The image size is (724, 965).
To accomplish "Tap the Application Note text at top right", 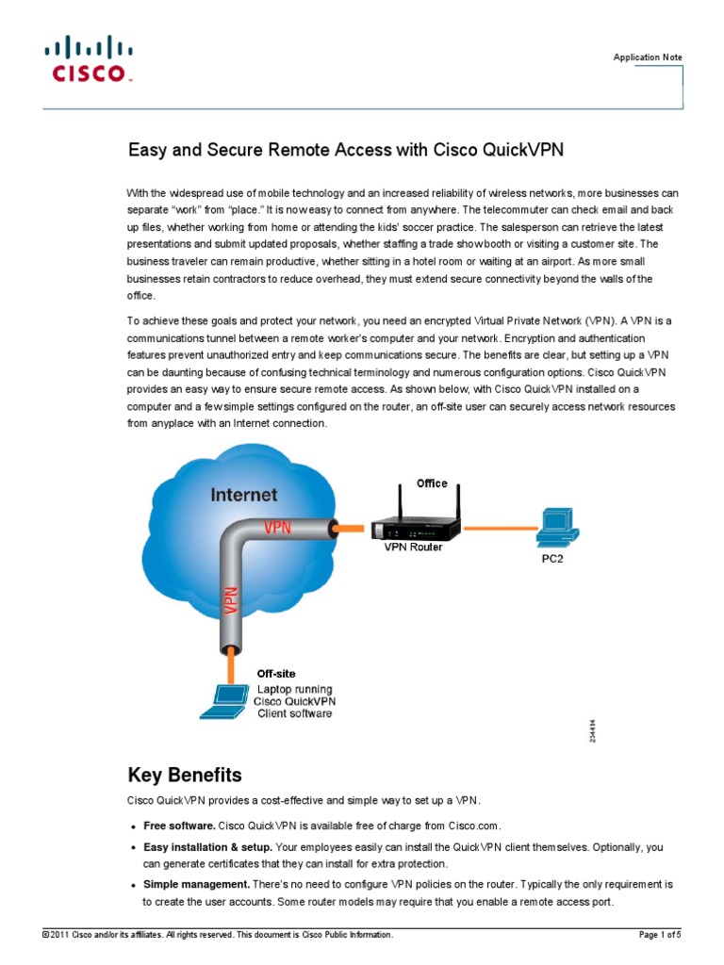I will (648, 57).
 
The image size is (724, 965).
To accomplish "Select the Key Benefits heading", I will (185, 776).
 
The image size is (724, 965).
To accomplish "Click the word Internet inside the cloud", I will (243, 494).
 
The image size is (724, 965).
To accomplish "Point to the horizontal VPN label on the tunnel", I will (277, 528).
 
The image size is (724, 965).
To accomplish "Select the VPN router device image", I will (414, 524).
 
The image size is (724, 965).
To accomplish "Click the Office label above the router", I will (432, 483).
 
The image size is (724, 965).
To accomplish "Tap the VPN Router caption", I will (413, 548).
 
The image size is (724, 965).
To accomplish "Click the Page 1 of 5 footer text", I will (660, 934).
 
